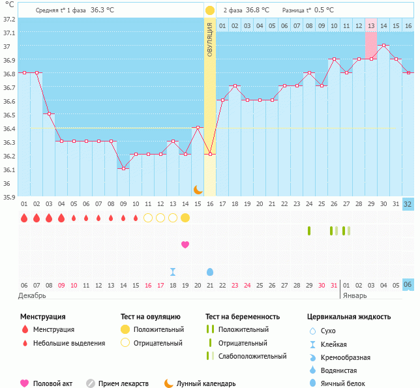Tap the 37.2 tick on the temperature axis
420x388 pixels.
click(8, 19)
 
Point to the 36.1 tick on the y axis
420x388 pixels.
click(8, 170)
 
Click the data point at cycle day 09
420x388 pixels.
click(123, 168)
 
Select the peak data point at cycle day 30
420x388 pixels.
click(385, 46)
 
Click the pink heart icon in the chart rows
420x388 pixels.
click(185, 245)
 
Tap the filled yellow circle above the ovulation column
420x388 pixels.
click(210, 10)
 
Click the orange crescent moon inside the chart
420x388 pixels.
click(198, 189)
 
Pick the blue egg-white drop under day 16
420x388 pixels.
click(210, 271)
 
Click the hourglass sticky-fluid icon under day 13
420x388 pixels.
click(173, 271)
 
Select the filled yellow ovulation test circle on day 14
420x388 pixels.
click(185, 217)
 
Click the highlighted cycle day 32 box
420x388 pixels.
click(408, 203)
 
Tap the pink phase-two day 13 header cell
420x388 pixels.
click(371, 25)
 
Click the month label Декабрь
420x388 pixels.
click(33, 295)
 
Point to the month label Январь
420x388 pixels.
click(356, 295)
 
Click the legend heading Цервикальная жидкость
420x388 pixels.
click(349, 317)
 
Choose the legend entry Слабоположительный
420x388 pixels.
click(252, 356)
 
